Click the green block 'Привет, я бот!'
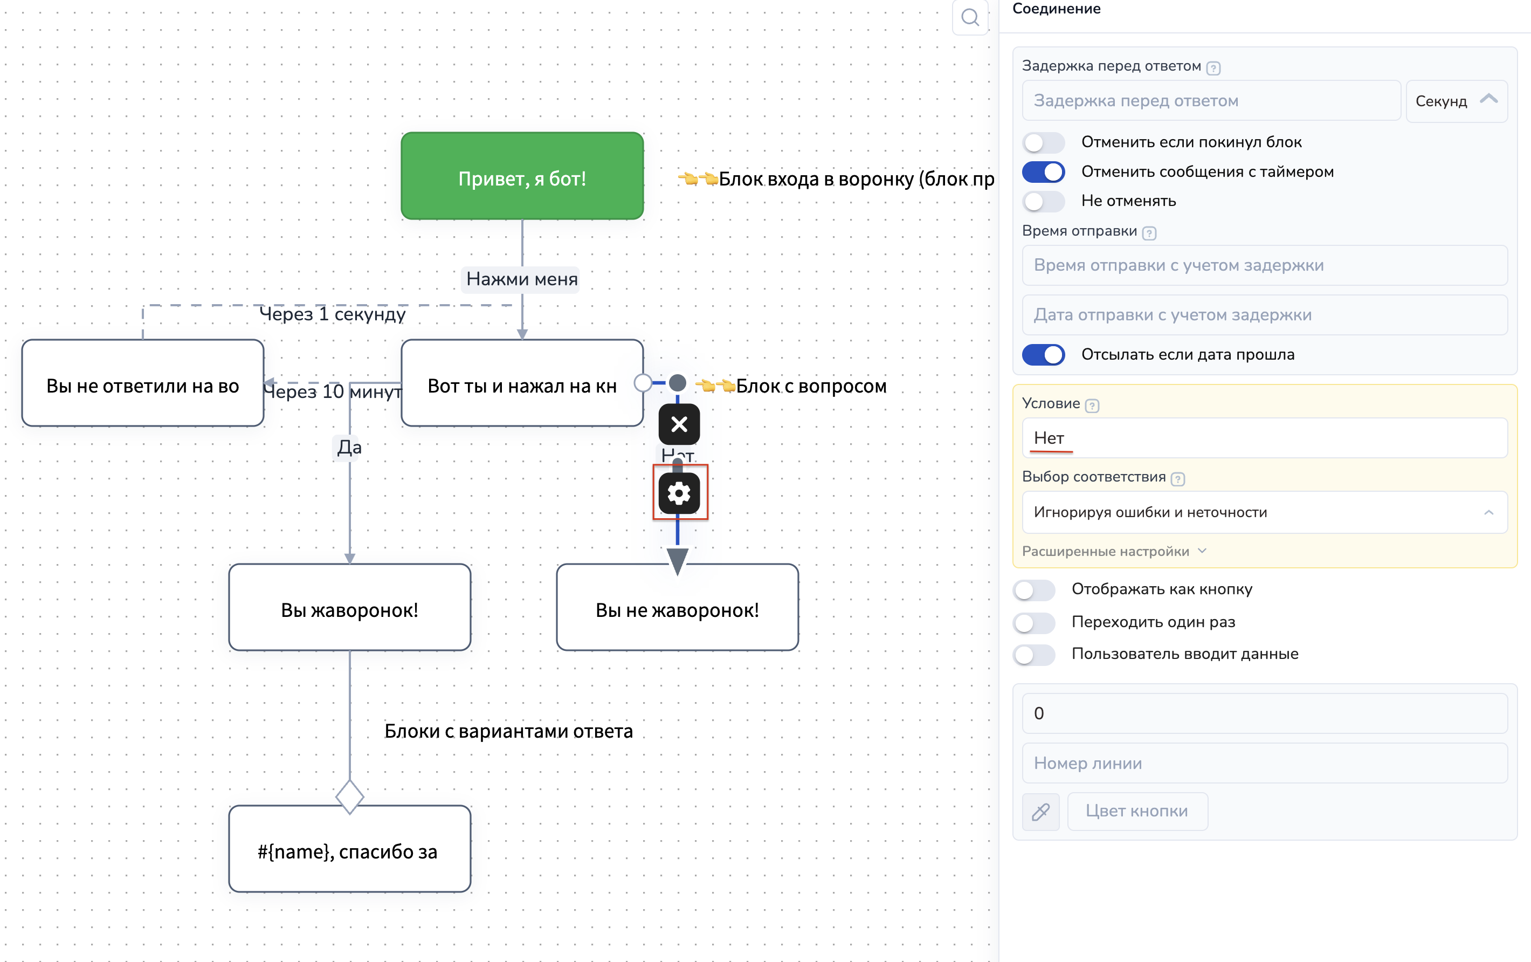tap(522, 176)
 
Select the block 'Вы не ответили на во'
tap(142, 383)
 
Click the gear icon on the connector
tap(679, 493)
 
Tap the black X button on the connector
tap(679, 424)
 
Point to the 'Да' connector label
tap(349, 447)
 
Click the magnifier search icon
tap(970, 17)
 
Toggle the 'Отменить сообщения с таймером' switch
tap(1043, 171)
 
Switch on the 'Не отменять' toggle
tap(1043, 201)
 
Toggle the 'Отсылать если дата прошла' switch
tap(1043, 355)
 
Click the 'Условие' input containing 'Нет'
tap(1264, 438)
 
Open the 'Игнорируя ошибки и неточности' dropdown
tap(1264, 512)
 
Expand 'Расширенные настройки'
tap(1113, 551)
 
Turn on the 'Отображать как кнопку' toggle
tap(1034, 589)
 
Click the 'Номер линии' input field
tap(1264, 763)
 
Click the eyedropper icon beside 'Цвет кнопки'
tap(1040, 812)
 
